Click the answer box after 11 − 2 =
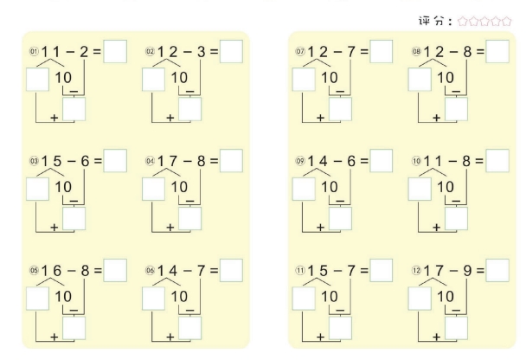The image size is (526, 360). tap(115, 51)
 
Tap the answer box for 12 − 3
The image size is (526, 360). tap(231, 51)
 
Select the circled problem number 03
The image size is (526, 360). tap(35, 161)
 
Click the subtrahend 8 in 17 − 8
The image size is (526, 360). tap(201, 161)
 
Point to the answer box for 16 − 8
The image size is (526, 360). tap(115, 270)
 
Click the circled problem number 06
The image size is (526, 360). tap(150, 270)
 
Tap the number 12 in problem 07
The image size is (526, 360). tap(318, 52)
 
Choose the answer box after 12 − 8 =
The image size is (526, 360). tap(497, 51)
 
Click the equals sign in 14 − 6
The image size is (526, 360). tap(364, 161)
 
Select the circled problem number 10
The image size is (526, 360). tap(416, 161)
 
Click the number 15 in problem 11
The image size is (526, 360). tap(318, 270)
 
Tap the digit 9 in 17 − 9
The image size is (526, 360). tap(467, 270)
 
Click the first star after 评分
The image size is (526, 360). tap(463, 22)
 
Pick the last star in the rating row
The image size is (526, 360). tap(506, 22)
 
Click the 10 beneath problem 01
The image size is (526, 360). tap(63, 78)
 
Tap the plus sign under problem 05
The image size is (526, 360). tap(54, 337)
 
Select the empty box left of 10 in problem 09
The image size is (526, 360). tap(304, 189)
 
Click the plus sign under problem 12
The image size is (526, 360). tap(436, 337)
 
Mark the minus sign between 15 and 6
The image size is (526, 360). tap(72, 161)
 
